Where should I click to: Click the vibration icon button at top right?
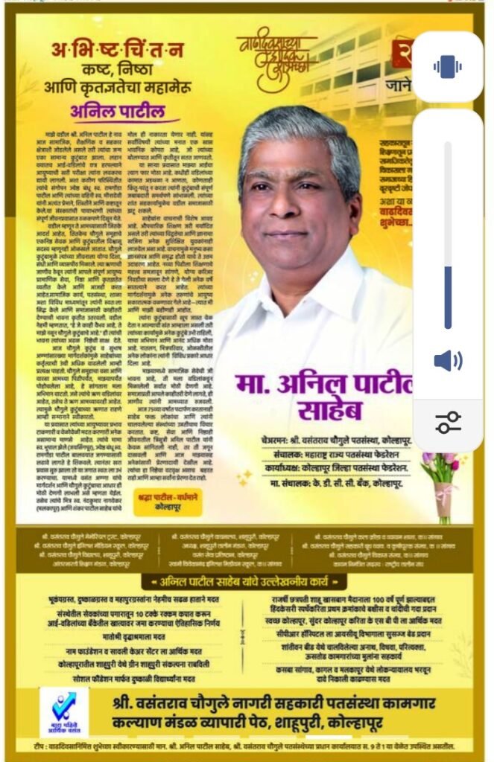pos(447,67)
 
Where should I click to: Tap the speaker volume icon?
pos(447,362)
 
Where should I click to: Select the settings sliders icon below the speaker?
pos(447,422)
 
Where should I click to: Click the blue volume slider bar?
pos(448,298)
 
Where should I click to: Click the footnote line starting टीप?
pos(246,746)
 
